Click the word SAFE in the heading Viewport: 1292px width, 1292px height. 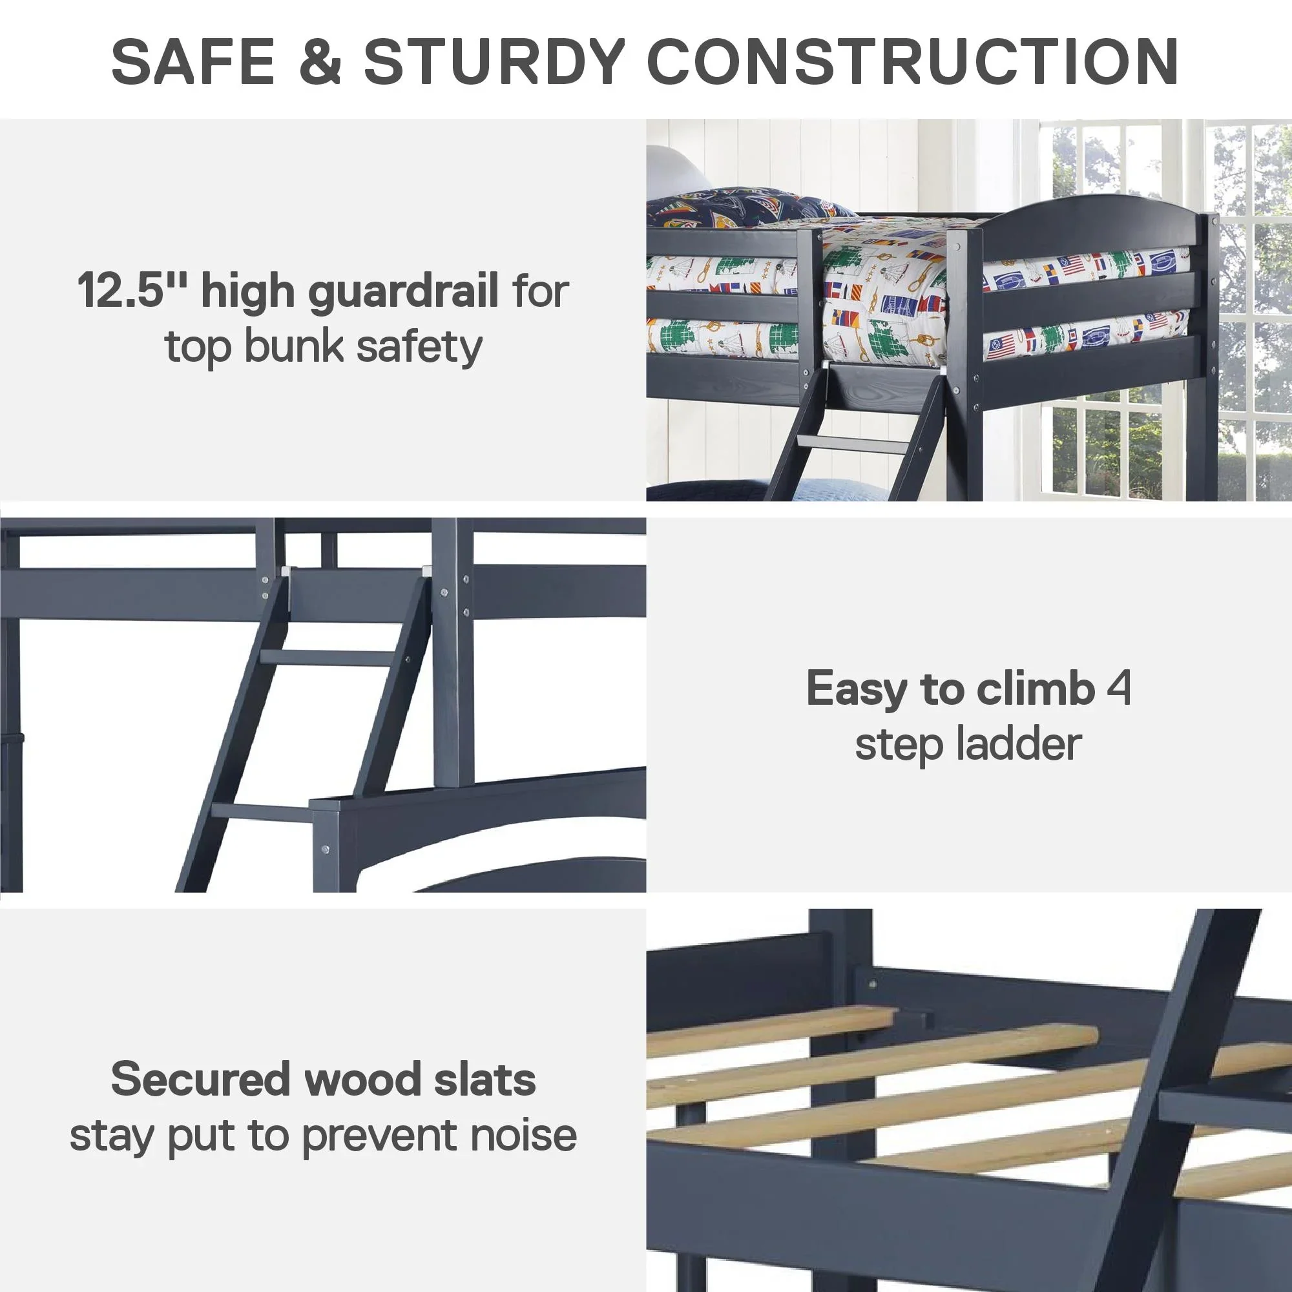(x=193, y=61)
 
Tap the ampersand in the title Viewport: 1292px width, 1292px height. (x=320, y=61)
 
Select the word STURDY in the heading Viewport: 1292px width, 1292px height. (x=494, y=61)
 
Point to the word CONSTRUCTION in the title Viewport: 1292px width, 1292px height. (x=913, y=61)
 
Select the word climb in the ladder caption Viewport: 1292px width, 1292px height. (x=1034, y=688)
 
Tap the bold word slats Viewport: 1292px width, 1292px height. (x=485, y=1079)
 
